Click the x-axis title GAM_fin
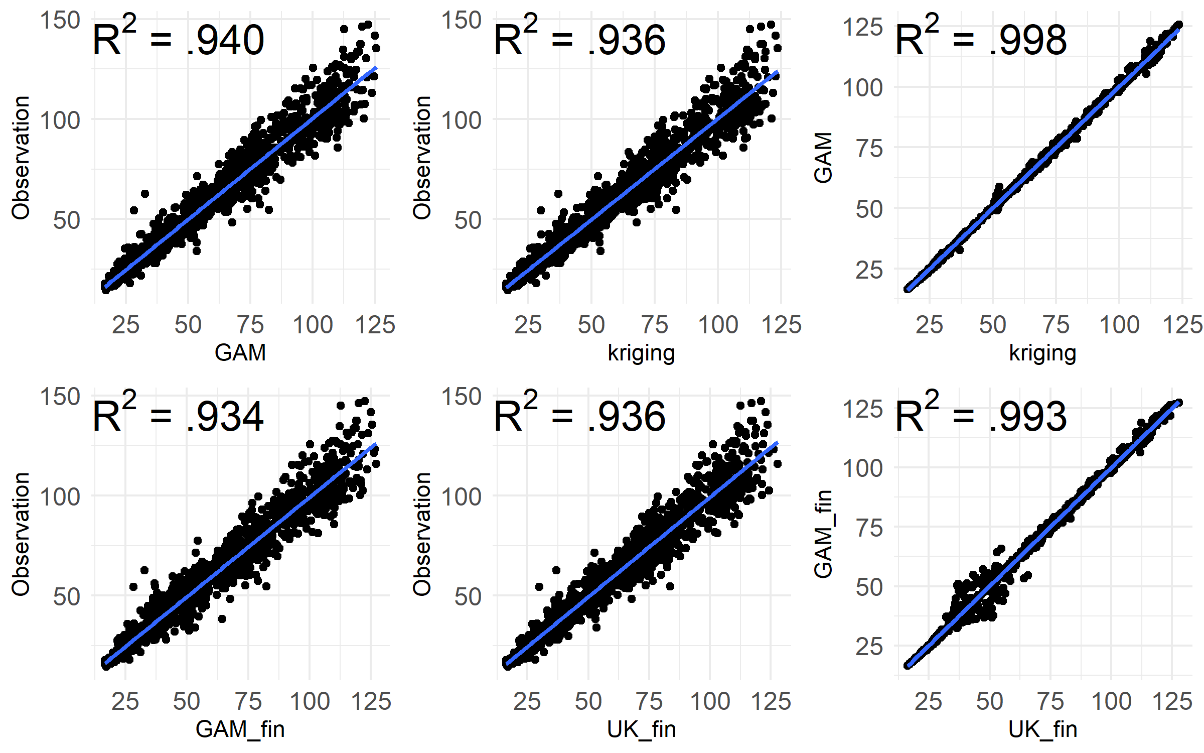240,729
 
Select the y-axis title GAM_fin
823,534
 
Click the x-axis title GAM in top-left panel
240,353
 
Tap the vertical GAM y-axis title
823,158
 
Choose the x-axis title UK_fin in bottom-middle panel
642,729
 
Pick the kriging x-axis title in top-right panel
1043,353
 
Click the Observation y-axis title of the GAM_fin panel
21,534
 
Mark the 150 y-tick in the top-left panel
60,21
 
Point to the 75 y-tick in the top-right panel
869,149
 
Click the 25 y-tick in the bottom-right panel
869,647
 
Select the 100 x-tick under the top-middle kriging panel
718,325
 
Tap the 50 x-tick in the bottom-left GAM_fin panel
187,701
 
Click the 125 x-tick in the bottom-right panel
1173,701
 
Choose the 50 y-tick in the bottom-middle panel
468,597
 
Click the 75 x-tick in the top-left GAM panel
250,325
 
